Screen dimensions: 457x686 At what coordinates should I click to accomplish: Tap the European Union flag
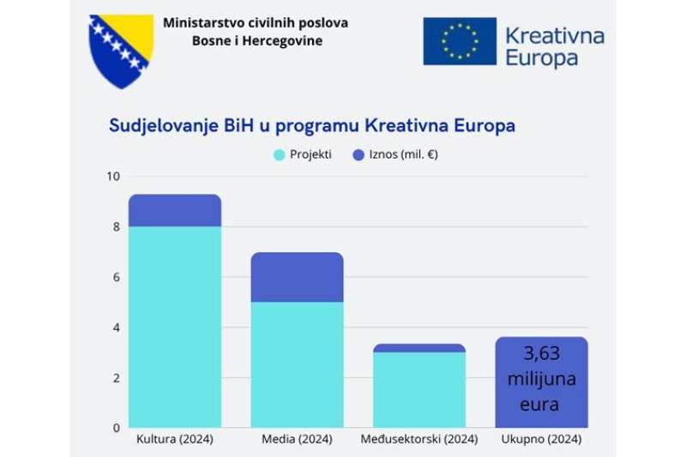tap(460, 41)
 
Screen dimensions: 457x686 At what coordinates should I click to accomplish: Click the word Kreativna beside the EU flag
tap(554, 35)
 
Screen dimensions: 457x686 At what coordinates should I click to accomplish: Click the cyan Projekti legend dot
tap(279, 155)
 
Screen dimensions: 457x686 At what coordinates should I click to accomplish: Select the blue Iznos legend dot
tap(358, 155)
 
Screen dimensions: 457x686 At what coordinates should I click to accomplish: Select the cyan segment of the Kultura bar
tap(175, 326)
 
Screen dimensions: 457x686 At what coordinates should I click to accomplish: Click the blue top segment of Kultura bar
tap(175, 210)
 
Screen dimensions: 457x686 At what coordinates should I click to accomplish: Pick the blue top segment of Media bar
tap(297, 277)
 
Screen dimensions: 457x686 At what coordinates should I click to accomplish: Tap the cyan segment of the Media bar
tap(297, 364)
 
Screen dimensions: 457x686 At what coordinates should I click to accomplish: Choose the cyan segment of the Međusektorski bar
tap(419, 389)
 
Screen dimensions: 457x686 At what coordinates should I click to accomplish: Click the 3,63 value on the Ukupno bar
tap(541, 352)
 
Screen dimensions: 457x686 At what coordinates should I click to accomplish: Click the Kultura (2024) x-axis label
tap(175, 441)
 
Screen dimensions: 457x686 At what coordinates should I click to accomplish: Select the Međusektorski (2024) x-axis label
tap(419, 441)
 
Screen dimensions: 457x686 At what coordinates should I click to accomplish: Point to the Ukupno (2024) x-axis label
tap(541, 441)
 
